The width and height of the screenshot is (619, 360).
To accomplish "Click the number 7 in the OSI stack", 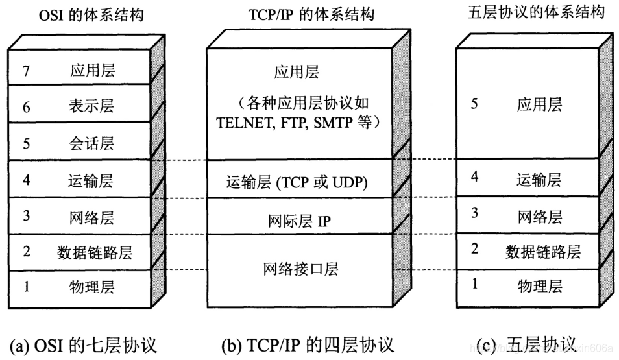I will click(27, 70).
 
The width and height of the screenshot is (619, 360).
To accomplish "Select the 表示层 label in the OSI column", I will click(91, 105).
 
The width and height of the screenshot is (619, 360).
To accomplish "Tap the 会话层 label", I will click(91, 143).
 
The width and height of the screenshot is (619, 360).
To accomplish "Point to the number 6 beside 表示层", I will click(27, 106).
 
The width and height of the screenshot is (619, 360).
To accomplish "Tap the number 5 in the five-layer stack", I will click(474, 104).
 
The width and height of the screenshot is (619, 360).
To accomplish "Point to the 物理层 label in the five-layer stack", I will click(540, 285).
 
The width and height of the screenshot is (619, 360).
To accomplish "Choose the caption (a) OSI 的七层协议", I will click(82, 344).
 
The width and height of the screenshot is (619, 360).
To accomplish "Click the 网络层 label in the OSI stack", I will click(91, 217).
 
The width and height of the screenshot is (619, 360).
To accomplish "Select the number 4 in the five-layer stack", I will click(474, 176).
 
